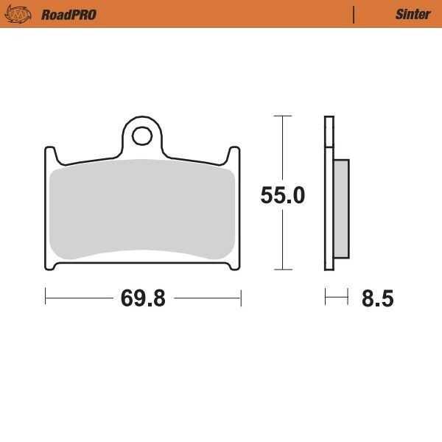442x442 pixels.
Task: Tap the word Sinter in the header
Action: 413,14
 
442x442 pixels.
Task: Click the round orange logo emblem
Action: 24,14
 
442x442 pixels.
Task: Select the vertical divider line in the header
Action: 354,14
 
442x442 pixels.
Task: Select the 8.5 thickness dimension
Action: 377,298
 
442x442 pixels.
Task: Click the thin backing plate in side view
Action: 329,192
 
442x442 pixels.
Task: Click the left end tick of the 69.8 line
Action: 46,298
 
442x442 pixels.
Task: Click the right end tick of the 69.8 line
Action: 241,298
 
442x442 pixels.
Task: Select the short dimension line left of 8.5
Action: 336,298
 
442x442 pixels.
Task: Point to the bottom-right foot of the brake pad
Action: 234,265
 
